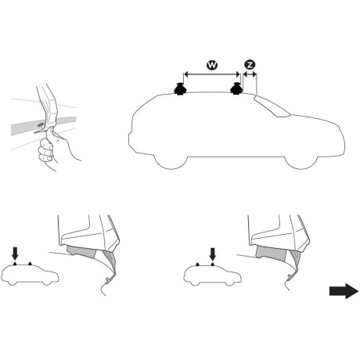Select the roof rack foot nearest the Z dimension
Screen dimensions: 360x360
click(x=236, y=91)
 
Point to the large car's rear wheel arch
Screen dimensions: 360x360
click(x=171, y=157)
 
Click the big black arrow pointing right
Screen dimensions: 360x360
click(x=341, y=291)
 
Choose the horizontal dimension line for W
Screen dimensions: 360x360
click(x=211, y=75)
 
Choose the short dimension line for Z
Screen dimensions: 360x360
click(x=250, y=75)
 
